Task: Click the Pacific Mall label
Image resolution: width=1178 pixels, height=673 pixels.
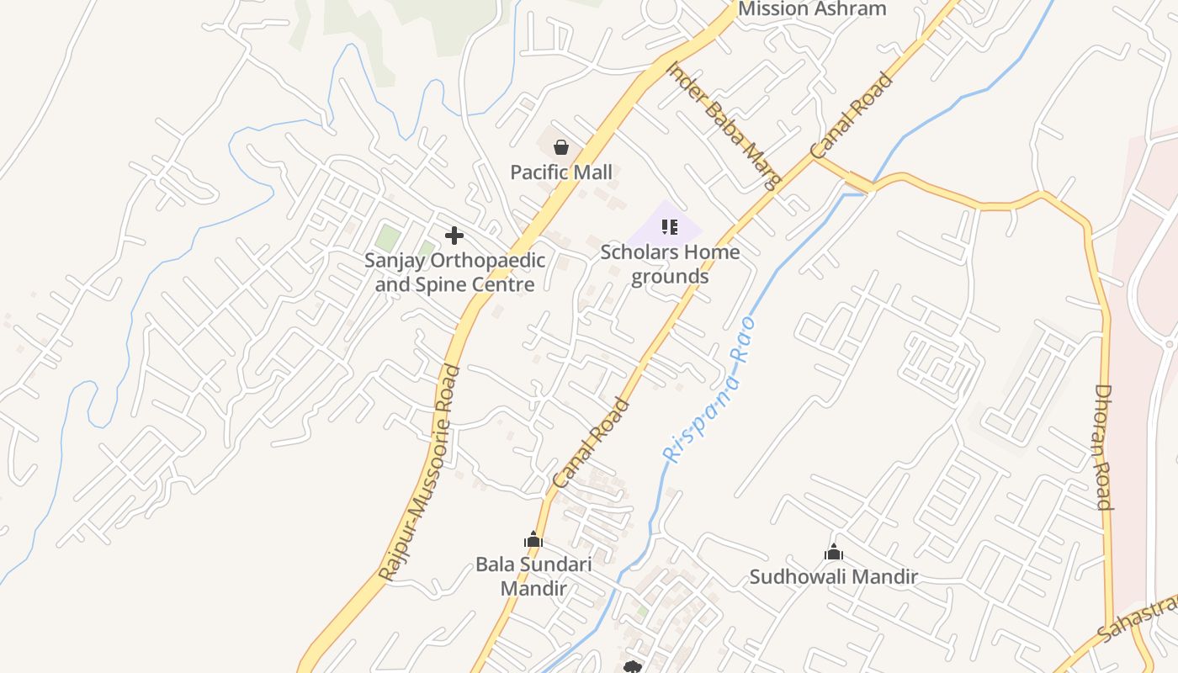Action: pyautogui.click(x=561, y=172)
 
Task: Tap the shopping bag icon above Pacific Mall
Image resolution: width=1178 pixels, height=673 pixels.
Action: pyautogui.click(x=561, y=148)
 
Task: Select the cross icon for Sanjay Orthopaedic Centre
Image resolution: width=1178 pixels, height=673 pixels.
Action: pyautogui.click(x=454, y=236)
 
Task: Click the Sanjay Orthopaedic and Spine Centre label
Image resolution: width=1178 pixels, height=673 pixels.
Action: pyautogui.click(x=454, y=273)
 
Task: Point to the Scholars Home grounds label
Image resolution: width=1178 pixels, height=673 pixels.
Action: pyautogui.click(x=670, y=264)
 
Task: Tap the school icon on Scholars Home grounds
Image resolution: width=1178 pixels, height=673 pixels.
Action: pyautogui.click(x=670, y=226)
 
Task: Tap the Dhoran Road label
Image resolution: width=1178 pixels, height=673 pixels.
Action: pyautogui.click(x=1104, y=447)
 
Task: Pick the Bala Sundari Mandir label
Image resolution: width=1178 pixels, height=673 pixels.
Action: pyautogui.click(x=533, y=576)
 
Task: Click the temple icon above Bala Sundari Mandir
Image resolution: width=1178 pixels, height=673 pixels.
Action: pyautogui.click(x=533, y=540)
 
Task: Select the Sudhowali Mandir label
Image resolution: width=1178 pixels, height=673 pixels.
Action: pyautogui.click(x=833, y=577)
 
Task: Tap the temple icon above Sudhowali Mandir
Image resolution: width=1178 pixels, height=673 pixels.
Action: pyautogui.click(x=834, y=553)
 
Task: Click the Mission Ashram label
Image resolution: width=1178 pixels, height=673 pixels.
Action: pyautogui.click(x=812, y=9)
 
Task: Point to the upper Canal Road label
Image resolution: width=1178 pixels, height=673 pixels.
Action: pyautogui.click(x=852, y=116)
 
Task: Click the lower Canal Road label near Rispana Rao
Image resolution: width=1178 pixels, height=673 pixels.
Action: pyautogui.click(x=592, y=442)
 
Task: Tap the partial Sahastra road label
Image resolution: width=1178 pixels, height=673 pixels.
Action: pyautogui.click(x=1138, y=621)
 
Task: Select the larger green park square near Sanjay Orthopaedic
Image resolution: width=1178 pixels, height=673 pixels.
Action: pyautogui.click(x=387, y=237)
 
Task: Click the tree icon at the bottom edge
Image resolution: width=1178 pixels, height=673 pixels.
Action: pyautogui.click(x=633, y=667)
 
